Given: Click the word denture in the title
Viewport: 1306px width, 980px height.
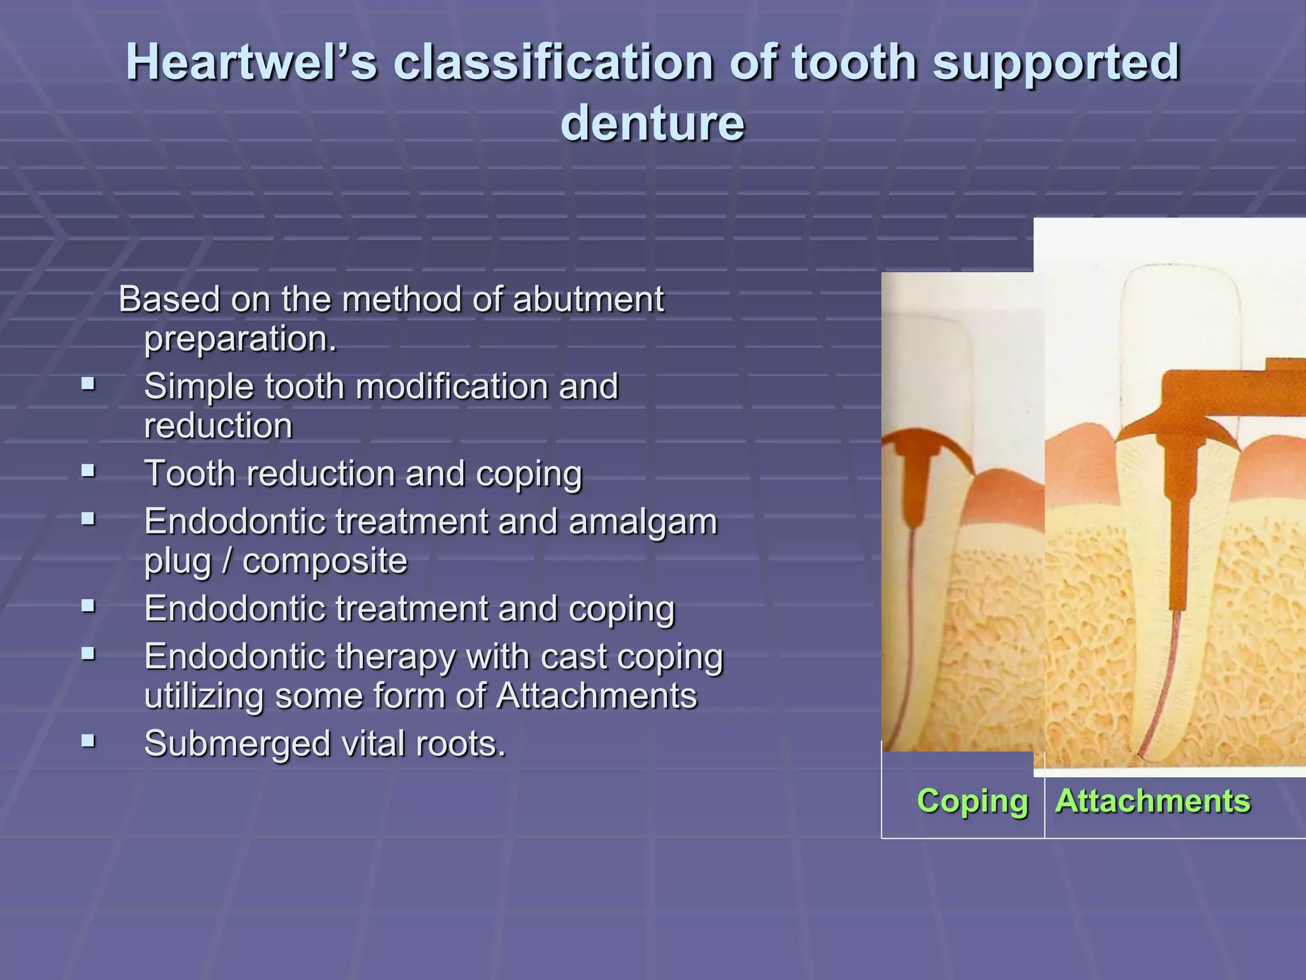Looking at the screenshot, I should point(652,123).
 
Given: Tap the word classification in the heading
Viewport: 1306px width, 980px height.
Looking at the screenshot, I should point(553,63).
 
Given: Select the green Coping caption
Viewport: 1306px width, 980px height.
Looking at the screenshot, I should point(972,801).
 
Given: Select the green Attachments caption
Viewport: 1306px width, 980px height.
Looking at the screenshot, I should point(1153,801).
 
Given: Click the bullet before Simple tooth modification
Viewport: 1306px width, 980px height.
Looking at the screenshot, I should point(89,384).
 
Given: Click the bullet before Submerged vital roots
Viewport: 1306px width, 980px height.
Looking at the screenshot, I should point(89,741).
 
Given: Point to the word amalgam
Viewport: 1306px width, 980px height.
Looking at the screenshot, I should point(643,522).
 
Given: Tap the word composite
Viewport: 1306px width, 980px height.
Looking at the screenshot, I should point(325,561).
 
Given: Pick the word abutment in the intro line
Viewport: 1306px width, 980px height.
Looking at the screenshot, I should point(588,300).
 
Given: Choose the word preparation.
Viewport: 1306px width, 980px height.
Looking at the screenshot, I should point(240,339).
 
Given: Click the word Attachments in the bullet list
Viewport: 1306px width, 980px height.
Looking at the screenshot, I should point(596,696).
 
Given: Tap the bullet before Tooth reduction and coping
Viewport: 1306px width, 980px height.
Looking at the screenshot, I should point(89,471).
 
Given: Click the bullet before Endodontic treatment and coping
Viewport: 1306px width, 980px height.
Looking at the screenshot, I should point(89,606).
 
